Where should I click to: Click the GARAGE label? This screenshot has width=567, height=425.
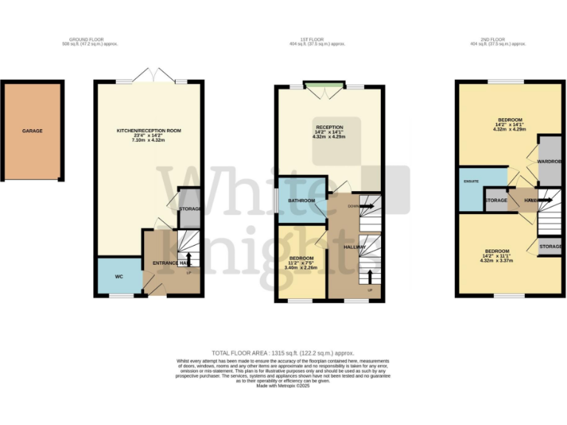click(x=32, y=131)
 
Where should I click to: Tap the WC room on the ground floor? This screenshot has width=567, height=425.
click(x=118, y=277)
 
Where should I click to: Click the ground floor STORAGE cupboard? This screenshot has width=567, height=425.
click(x=190, y=209)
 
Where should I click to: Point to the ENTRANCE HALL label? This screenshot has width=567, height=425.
click(x=171, y=263)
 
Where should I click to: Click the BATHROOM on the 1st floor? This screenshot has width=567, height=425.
click(x=301, y=201)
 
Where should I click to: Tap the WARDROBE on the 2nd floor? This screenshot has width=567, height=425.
click(x=549, y=161)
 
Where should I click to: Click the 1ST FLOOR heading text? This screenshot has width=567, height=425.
click(x=317, y=41)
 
